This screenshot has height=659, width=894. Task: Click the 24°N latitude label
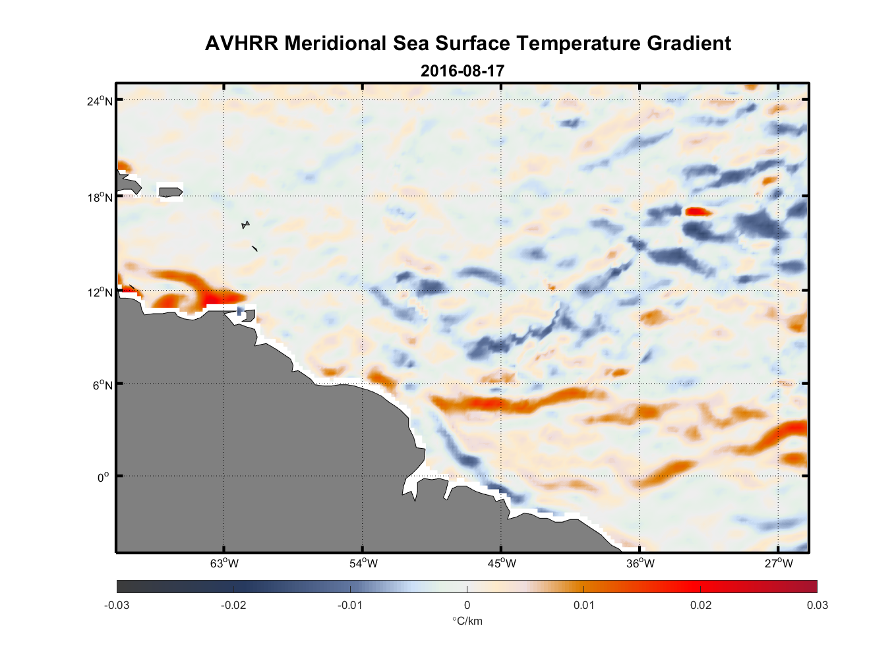pos(100,101)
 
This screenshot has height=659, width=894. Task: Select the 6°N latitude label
pos(102,385)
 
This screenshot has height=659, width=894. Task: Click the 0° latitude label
pos(104,477)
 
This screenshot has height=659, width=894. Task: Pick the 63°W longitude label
pos(224,563)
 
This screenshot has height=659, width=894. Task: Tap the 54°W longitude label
pos(363,563)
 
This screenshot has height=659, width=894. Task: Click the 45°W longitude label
pos(502,563)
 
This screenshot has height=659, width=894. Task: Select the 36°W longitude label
pos(640,563)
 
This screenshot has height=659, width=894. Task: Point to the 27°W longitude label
pos(779,563)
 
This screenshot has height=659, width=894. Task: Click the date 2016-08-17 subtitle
pos(462,71)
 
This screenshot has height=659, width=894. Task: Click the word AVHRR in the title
pos(241,43)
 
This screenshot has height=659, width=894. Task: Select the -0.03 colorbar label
pos(117,605)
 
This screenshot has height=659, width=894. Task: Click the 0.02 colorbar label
pos(701,605)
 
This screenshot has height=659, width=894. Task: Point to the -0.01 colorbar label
pos(350,605)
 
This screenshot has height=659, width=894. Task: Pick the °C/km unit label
pos(467,621)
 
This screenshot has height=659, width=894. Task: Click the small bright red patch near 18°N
pos(698,212)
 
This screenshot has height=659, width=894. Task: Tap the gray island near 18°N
pos(171,192)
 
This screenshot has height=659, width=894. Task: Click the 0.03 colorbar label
pos(817,605)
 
